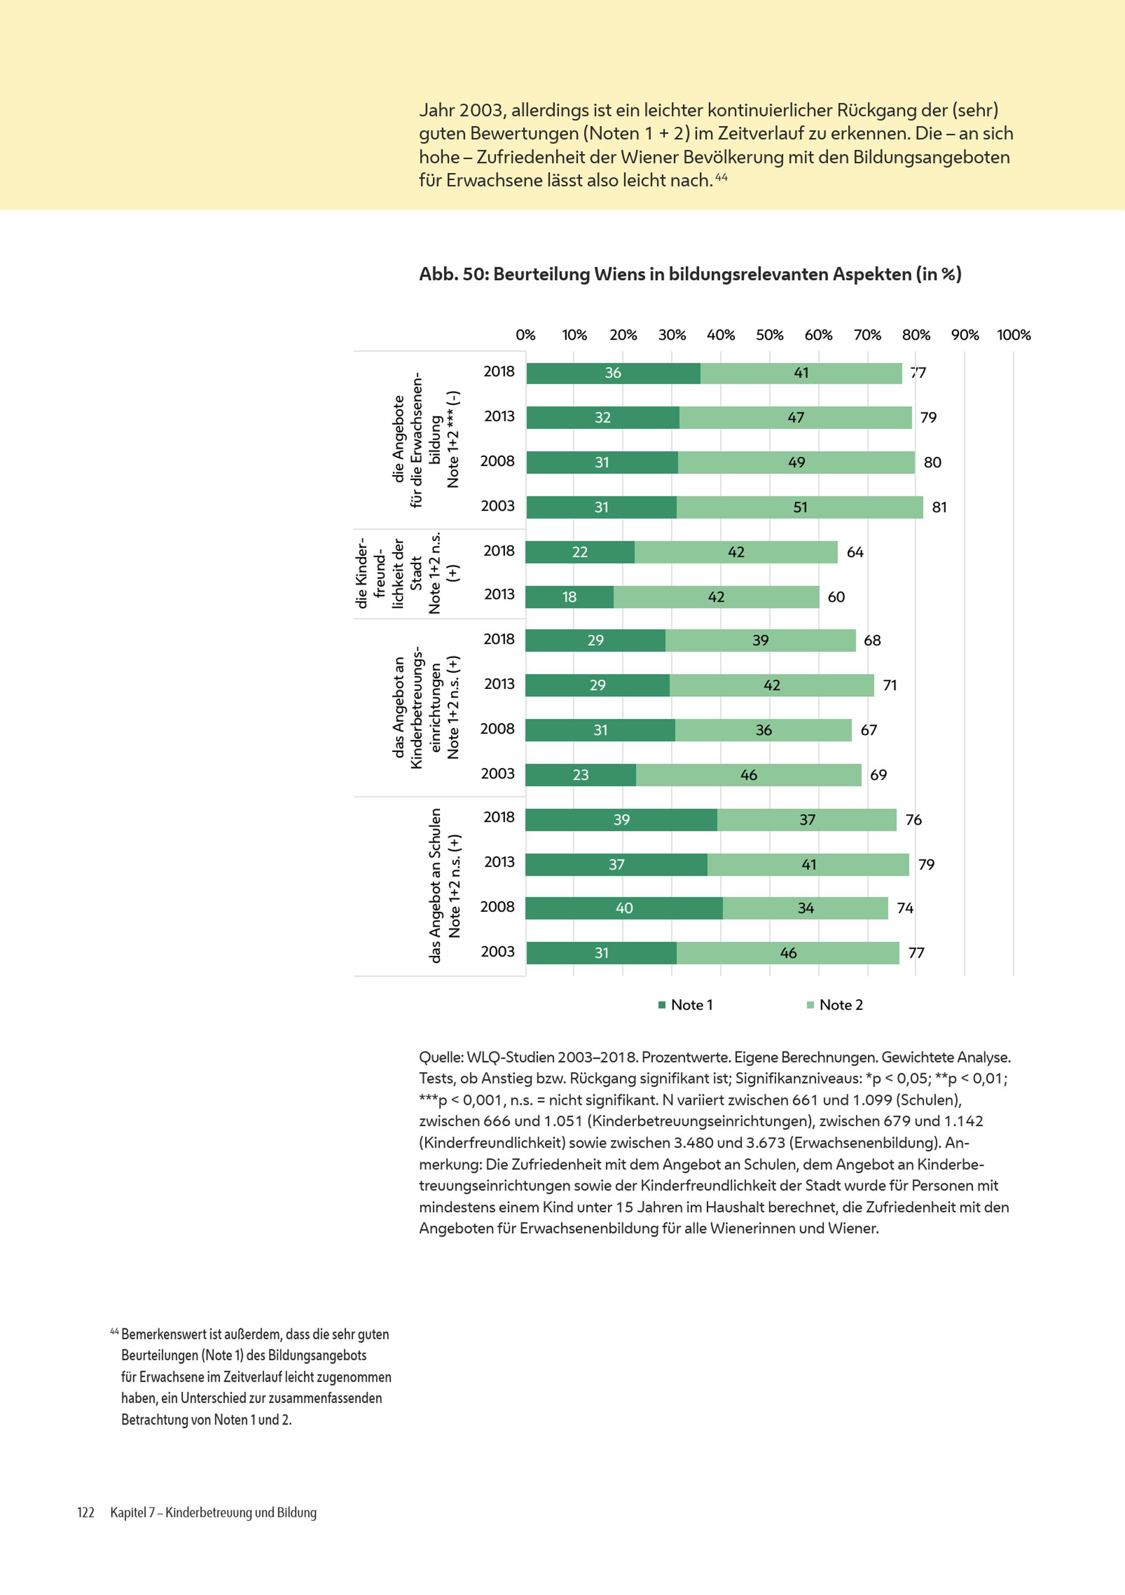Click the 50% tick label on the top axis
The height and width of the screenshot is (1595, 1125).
coord(769,335)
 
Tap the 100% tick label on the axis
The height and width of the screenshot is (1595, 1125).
coord(1014,335)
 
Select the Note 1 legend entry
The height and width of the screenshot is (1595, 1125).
coord(686,1005)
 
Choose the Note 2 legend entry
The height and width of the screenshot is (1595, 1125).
coord(835,1005)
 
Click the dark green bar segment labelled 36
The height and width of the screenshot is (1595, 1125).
coord(613,373)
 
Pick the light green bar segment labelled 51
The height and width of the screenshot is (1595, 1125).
coord(800,507)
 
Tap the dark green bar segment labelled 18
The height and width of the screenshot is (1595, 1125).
coord(569,597)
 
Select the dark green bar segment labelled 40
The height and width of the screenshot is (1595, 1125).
coord(624,908)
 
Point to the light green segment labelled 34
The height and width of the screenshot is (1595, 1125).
coord(805,908)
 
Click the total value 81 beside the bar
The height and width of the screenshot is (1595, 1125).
coord(939,507)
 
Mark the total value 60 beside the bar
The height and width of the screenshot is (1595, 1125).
coord(836,597)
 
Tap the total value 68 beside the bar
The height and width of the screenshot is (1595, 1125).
coord(872,640)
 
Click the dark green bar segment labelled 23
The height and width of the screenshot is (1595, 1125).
coord(580,774)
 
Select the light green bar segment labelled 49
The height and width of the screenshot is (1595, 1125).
coord(796,463)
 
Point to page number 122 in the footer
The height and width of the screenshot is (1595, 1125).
coord(85,1512)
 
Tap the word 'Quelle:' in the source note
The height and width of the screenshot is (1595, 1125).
coord(441,1058)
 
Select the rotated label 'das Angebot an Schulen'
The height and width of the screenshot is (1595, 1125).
coord(435,886)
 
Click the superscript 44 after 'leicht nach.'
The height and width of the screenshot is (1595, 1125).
coord(722,177)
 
